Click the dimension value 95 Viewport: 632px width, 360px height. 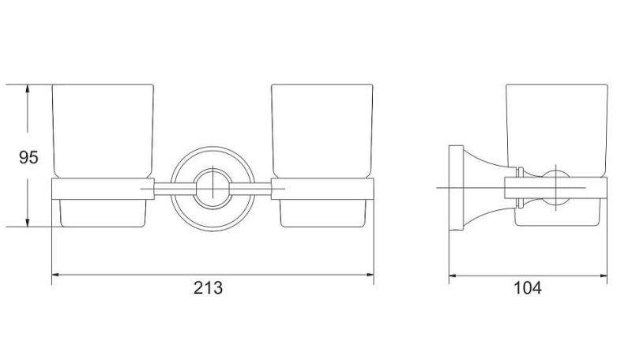[x=28, y=157]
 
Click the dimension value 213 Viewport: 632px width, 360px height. [x=208, y=288]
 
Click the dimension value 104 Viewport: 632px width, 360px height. [x=527, y=288]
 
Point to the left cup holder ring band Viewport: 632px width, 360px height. [x=103, y=189]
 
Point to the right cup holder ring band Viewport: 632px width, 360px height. [x=322, y=189]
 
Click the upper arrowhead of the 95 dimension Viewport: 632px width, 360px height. [x=28, y=89]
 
